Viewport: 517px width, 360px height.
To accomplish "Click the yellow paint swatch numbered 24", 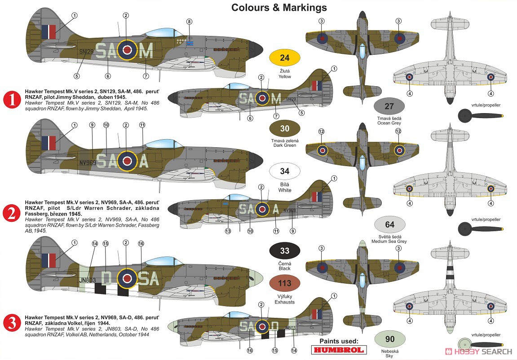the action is [x=284, y=57].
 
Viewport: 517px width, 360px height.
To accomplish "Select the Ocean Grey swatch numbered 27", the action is [x=389, y=106].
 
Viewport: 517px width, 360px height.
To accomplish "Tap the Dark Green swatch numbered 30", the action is [x=284, y=128].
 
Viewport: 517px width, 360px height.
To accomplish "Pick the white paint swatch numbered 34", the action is [x=284, y=171].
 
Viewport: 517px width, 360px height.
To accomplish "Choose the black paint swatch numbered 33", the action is [x=284, y=250].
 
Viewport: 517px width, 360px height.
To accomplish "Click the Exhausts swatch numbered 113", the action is [x=284, y=283].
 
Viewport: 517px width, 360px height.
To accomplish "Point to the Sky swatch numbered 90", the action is [x=389, y=339].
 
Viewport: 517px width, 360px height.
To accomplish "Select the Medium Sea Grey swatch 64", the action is [x=389, y=224].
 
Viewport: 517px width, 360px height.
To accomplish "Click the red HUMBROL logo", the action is [x=339, y=350].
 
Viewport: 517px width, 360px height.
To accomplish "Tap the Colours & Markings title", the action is [x=279, y=8].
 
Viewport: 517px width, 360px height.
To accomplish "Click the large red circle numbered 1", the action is [x=12, y=100].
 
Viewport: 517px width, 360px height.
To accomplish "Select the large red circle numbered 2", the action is [x=12, y=213].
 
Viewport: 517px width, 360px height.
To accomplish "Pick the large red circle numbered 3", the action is [x=12, y=323].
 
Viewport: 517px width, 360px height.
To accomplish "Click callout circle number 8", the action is [x=189, y=22].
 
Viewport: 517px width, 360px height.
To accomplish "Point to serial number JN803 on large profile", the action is [x=88, y=280].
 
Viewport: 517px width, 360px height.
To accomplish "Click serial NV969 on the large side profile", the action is [x=88, y=162].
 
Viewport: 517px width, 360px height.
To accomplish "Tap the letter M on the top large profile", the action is [x=146, y=51].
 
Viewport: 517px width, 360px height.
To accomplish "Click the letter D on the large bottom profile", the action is [x=106, y=278].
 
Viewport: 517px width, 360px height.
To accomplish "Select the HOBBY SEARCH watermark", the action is [x=478, y=351].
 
